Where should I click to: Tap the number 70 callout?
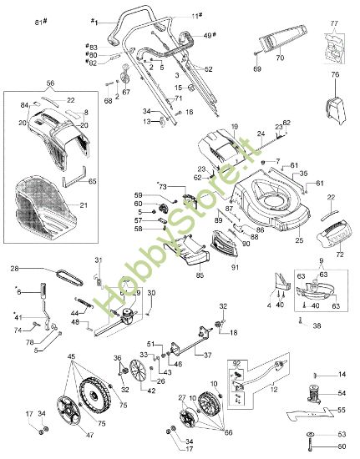coord(280,60)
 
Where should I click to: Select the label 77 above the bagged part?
coord(334,24)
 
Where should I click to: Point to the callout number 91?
coord(234,267)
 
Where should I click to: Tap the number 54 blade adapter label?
coord(341,392)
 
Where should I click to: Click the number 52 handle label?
coord(209,68)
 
